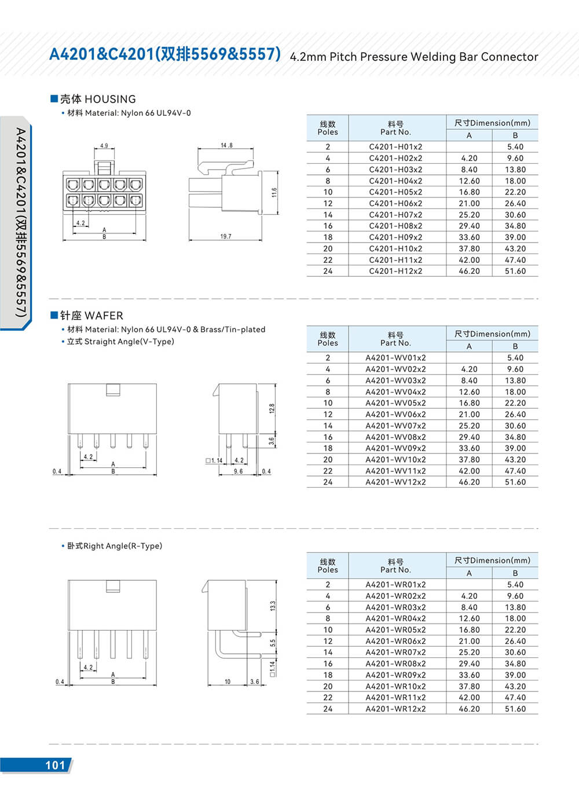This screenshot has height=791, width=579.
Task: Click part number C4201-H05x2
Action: (x=395, y=192)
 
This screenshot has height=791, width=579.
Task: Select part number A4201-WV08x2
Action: (x=395, y=437)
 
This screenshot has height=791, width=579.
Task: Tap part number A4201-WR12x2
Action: (x=395, y=709)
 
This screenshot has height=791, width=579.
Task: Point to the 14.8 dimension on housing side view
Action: (x=226, y=145)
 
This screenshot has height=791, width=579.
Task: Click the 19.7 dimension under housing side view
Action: (x=225, y=236)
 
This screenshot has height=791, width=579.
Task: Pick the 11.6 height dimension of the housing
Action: (x=274, y=192)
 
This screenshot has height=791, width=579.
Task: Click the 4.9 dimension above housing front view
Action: (x=104, y=146)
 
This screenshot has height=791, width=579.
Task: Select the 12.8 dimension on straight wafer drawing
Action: (x=272, y=408)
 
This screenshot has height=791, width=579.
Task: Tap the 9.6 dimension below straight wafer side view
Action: (x=238, y=471)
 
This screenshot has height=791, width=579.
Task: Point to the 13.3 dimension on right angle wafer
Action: (x=273, y=606)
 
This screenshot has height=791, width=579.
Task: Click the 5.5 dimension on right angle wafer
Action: (x=273, y=643)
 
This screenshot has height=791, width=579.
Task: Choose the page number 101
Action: (x=55, y=765)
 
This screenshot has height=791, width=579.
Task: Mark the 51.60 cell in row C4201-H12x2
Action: (x=515, y=271)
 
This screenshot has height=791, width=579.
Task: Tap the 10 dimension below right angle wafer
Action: (x=228, y=682)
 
